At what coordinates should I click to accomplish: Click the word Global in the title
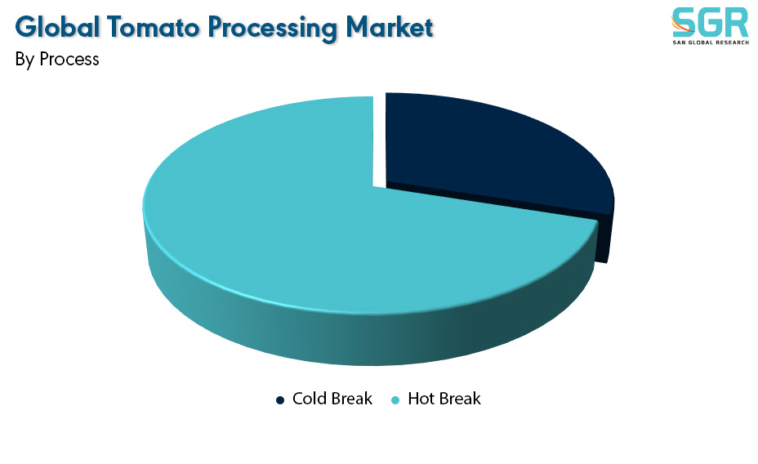point(57,27)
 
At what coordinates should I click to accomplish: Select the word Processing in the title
point(272,29)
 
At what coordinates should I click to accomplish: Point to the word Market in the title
point(390,27)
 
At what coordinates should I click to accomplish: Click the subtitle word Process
point(69,59)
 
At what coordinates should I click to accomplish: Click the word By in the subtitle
point(25,60)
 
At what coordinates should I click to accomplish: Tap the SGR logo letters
point(711,22)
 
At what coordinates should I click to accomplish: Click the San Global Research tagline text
point(711,42)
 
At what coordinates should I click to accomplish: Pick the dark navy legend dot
point(280,399)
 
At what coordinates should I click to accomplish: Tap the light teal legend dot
point(395,399)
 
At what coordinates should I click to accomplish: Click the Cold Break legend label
point(332,399)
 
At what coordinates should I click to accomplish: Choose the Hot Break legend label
point(444,399)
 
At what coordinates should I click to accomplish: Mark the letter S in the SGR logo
point(684,22)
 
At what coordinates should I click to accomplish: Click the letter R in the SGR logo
point(738,22)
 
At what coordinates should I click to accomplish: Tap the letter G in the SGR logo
point(710,22)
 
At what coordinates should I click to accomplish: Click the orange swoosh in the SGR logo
point(681,25)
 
